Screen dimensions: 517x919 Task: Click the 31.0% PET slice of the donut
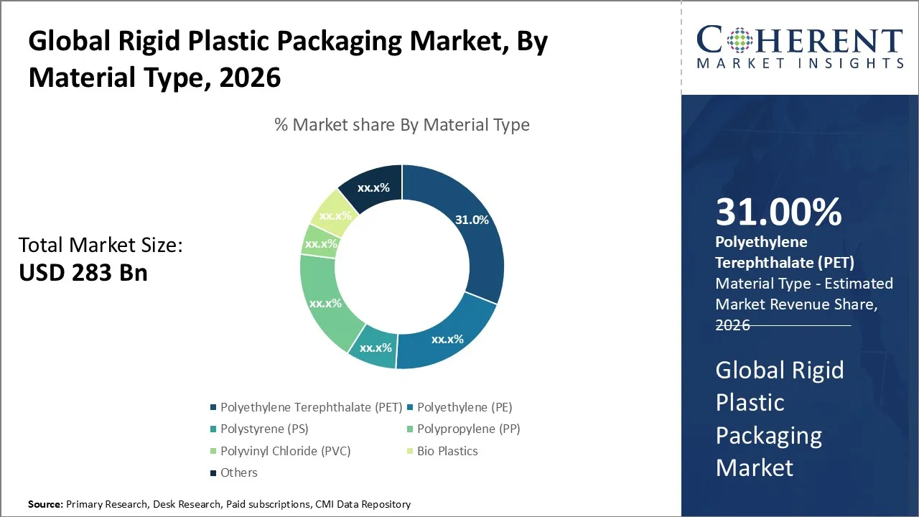(470, 230)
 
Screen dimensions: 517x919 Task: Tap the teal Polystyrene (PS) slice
(375, 348)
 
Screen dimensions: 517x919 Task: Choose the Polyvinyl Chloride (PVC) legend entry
(285, 451)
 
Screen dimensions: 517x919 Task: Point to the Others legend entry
(238, 472)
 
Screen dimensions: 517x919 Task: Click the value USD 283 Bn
(83, 273)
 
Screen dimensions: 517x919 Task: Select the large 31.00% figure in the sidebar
(778, 213)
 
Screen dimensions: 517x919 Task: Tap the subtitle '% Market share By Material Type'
(402, 125)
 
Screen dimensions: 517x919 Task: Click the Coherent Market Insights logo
(800, 47)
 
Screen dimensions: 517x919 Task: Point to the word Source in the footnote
(45, 505)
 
